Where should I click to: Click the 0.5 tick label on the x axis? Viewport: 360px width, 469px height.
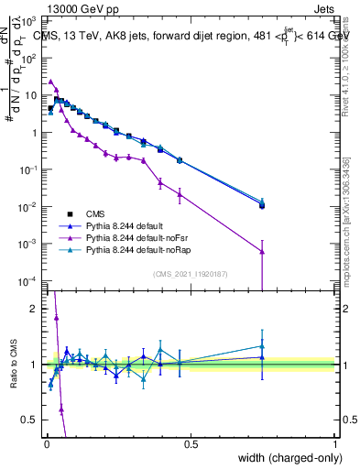tap(191, 443)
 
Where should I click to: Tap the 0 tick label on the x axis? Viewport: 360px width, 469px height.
tap(46, 443)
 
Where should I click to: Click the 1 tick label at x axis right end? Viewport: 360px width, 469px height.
tap(335, 443)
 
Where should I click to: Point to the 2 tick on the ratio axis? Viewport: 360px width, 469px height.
tap(37, 309)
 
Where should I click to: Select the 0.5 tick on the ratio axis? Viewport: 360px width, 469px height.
tap(32, 420)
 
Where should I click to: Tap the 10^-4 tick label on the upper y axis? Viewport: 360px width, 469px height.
tap(33, 280)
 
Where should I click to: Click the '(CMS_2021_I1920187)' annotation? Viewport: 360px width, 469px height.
tap(191, 273)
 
